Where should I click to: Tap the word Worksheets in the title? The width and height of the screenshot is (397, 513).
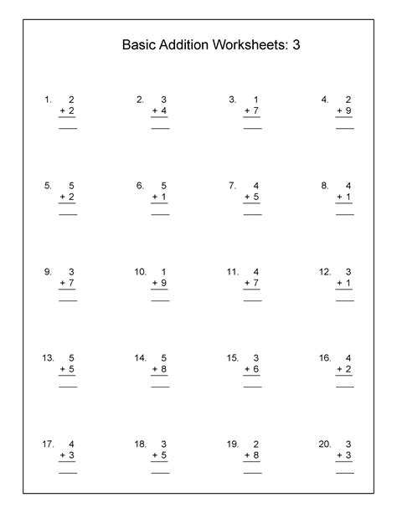[x=254, y=45]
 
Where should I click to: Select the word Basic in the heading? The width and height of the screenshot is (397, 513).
[x=138, y=45]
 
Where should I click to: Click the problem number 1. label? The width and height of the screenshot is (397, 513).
[x=48, y=100]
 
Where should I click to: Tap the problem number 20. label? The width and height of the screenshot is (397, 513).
[x=325, y=444]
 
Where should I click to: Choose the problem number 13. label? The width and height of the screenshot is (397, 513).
[x=48, y=357]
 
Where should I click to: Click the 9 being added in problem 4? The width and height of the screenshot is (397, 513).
[x=348, y=110]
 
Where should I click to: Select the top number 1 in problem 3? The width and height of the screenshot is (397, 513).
[x=256, y=100]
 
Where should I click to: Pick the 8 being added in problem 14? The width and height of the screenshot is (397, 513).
[x=164, y=368]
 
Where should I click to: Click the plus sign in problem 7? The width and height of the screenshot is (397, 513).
[x=247, y=197]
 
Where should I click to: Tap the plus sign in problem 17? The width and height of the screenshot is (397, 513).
[x=63, y=454]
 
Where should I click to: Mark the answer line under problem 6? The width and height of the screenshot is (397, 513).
[x=160, y=215]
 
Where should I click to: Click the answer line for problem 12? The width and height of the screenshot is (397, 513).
[x=344, y=300]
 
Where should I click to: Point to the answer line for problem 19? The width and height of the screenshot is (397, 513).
[x=252, y=473]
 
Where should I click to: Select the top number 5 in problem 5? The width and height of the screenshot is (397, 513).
[x=72, y=186]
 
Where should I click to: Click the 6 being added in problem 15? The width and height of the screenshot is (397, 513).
[x=256, y=368]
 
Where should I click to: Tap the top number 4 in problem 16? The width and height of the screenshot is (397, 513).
[x=348, y=357]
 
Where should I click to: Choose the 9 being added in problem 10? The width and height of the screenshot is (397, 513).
[x=164, y=282]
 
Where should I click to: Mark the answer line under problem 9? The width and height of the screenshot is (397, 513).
[x=68, y=300]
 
